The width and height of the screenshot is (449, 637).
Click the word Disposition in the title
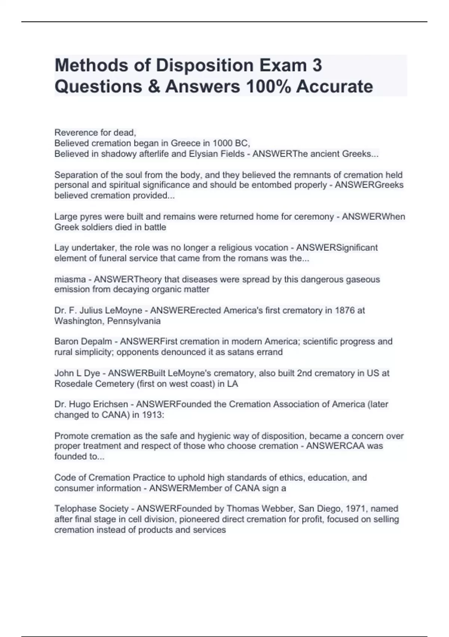pos(198,66)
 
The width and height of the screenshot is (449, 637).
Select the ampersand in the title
pos(155,87)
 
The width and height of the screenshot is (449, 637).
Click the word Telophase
pos(75,508)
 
